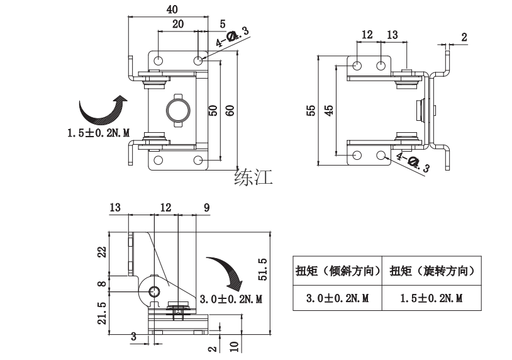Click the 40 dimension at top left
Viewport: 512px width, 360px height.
(x=172, y=9)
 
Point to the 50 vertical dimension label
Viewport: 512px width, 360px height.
(x=213, y=110)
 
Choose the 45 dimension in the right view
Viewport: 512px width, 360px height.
(x=328, y=110)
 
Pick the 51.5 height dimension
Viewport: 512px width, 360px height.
(x=264, y=269)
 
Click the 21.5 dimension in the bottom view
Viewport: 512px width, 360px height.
(x=102, y=311)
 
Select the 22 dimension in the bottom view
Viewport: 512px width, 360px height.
(x=102, y=253)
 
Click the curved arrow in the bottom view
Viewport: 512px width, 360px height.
(x=223, y=271)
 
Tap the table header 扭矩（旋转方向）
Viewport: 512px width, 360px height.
(x=431, y=271)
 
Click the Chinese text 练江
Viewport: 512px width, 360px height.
(x=253, y=177)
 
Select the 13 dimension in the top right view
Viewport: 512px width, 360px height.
(x=391, y=35)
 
